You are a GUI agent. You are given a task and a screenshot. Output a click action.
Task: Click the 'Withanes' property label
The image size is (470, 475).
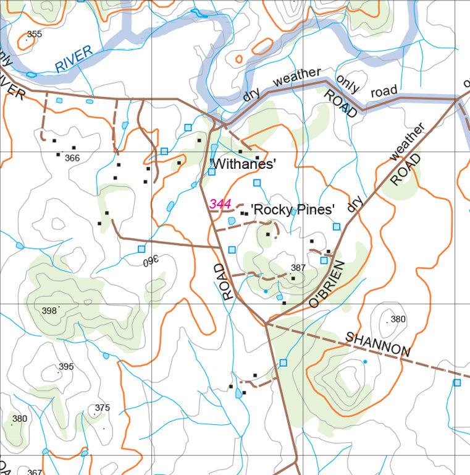242,164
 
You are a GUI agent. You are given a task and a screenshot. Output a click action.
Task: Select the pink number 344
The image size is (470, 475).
220,203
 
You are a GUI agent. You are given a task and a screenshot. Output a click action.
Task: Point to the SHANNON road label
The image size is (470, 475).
377,344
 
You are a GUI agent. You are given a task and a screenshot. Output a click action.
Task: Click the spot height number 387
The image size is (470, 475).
298,268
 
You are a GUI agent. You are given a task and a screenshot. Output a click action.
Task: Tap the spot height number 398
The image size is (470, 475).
49,310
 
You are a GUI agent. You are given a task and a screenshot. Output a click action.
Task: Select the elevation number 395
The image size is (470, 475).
66,367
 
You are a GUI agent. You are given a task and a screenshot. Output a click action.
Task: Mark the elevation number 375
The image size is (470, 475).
102,408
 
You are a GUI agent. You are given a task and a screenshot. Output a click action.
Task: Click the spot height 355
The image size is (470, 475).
35,34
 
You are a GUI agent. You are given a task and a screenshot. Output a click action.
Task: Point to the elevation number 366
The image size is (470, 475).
72,158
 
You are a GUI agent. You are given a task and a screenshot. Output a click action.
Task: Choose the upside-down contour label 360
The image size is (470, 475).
151,261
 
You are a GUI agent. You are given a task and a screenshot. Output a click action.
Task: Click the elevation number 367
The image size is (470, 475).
35,472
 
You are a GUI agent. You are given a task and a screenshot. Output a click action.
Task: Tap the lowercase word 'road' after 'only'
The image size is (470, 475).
384,92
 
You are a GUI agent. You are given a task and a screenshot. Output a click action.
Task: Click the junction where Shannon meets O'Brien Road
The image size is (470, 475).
266,323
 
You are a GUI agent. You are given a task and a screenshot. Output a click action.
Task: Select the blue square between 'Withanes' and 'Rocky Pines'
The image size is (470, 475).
257,182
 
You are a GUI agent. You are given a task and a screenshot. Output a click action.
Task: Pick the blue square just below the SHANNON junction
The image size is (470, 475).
283,362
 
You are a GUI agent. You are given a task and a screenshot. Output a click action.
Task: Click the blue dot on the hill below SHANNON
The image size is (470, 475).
365,361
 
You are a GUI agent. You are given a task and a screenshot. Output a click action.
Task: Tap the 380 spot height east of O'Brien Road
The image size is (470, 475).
398,319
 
